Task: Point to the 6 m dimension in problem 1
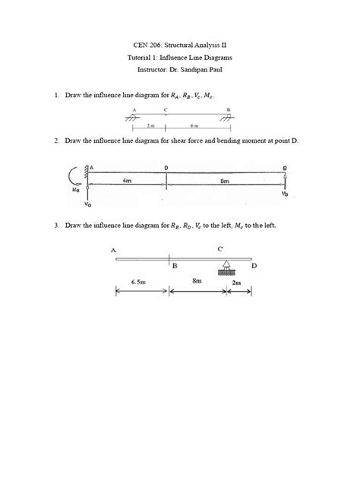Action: pos(195,125)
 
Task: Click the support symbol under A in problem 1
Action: pos(134,116)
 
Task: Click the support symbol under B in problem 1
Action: pos(228,116)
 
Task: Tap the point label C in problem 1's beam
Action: pos(166,109)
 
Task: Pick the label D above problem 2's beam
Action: pos(166,166)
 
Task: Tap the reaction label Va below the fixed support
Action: pos(88,204)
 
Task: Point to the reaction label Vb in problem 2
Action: pos(285,194)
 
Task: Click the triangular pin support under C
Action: pos(226,267)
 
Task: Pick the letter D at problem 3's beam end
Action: pos(254,266)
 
